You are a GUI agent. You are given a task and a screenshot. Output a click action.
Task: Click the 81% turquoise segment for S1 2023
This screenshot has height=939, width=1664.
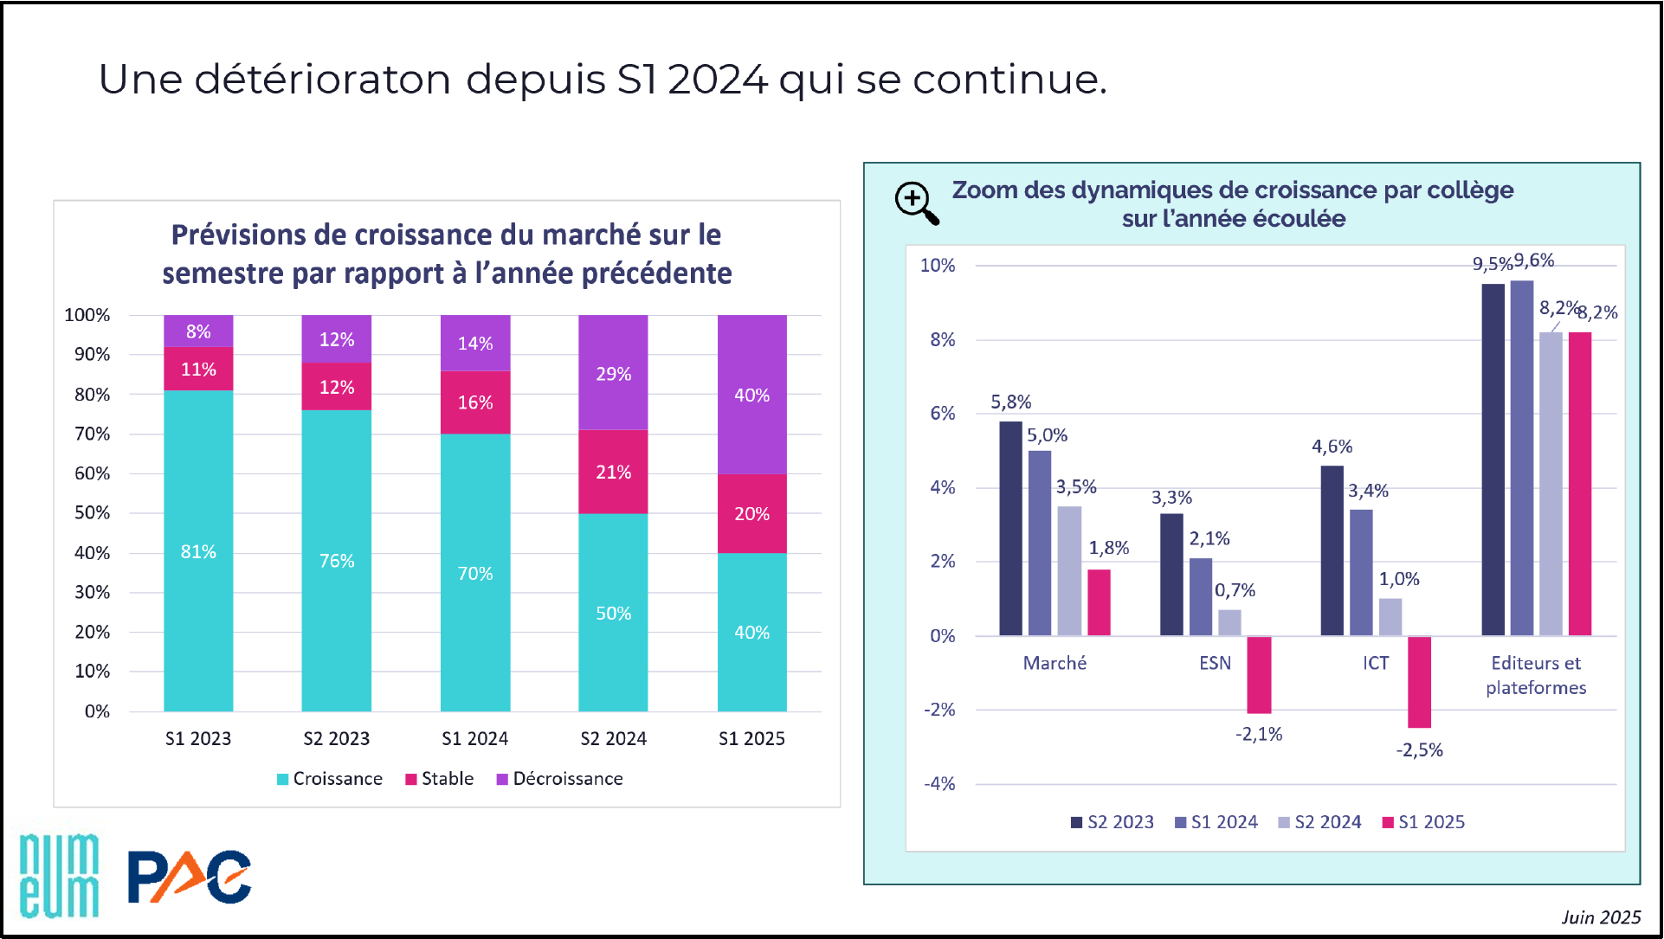pyautogui.click(x=198, y=550)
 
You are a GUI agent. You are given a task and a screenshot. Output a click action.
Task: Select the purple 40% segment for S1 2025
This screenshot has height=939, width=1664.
pyautogui.click(x=751, y=395)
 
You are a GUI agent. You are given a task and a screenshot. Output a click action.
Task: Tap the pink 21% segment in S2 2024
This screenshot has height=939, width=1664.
pyautogui.click(x=613, y=472)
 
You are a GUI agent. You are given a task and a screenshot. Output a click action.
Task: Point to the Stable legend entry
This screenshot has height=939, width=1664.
pyautogui.click(x=440, y=779)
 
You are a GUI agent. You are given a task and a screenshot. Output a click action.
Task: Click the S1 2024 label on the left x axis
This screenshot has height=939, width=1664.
pyautogui.click(x=474, y=738)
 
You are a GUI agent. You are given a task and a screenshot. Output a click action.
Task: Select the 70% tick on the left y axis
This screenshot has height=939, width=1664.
pyautogui.click(x=92, y=434)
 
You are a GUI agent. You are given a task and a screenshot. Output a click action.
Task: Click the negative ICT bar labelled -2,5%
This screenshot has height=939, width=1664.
pyautogui.click(x=1419, y=682)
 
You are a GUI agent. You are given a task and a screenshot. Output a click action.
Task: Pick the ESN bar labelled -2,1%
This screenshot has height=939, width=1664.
pyautogui.click(x=1259, y=675)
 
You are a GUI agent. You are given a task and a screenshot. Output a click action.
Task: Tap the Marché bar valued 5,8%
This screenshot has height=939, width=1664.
pyautogui.click(x=1010, y=528)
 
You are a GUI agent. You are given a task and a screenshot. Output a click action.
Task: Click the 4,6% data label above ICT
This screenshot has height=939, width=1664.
pyautogui.click(x=1332, y=447)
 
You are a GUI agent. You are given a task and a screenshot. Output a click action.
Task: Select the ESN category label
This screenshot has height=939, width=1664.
pyautogui.click(x=1215, y=663)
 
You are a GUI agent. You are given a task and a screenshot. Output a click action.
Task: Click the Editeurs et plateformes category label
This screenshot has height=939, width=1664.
pyautogui.click(x=1536, y=675)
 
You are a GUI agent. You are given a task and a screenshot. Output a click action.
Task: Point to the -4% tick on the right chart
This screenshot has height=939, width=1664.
pyautogui.click(x=939, y=784)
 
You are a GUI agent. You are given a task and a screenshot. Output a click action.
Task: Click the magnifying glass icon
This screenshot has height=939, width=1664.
pyautogui.click(x=916, y=203)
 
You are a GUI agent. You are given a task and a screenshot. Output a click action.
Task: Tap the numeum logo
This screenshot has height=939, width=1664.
pyautogui.click(x=59, y=875)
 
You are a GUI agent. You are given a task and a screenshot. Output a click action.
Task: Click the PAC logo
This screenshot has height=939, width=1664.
pyautogui.click(x=190, y=877)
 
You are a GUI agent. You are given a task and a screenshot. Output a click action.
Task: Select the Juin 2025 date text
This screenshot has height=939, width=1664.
pyautogui.click(x=1601, y=917)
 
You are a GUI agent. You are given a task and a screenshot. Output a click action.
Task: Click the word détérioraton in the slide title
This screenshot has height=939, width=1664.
pyautogui.click(x=322, y=80)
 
